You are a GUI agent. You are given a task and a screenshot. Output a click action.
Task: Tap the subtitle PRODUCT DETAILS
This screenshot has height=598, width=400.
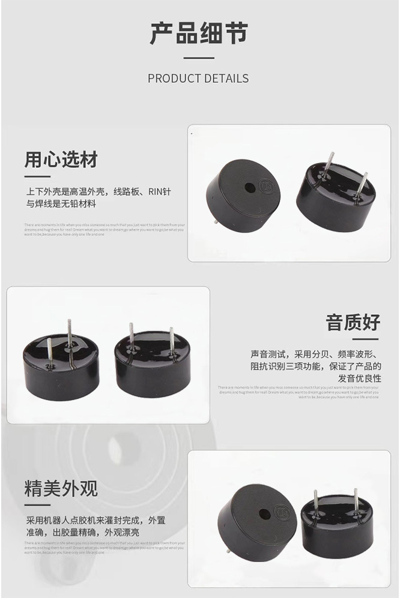point(198,79)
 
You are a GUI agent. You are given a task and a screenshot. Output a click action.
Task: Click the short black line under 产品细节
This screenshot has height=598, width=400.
point(198,58)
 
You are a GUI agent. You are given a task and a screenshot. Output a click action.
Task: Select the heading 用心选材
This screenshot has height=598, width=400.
point(61,160)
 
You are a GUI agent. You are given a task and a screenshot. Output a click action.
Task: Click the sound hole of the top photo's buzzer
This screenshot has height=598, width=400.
point(249,188)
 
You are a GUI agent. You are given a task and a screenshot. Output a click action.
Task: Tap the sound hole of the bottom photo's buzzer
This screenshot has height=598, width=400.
point(264,515)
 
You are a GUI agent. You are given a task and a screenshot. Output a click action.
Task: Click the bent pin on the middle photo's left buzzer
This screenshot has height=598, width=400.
point(70,342)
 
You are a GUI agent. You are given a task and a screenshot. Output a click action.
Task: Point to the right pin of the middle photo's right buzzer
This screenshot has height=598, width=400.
point(171,341)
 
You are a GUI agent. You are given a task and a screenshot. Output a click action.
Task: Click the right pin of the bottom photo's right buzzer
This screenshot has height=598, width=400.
point(356,501)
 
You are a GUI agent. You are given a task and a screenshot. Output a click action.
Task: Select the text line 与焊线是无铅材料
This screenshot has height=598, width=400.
point(60,204)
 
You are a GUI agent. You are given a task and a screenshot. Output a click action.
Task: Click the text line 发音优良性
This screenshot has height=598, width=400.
point(359,378)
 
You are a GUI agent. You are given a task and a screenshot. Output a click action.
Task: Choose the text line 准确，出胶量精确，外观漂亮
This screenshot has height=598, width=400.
point(82,533)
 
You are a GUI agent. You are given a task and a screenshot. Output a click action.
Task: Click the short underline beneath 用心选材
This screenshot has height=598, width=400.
point(37,177)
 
